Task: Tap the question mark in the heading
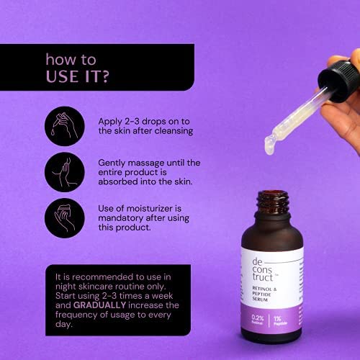click(105, 76)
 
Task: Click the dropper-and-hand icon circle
click(65, 126)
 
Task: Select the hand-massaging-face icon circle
click(65, 172)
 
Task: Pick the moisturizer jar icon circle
click(65, 218)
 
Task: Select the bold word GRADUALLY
click(99, 305)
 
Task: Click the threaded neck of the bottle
click(273, 202)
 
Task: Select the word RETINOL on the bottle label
click(262, 289)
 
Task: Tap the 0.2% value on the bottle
click(258, 318)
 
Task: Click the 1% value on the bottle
click(277, 319)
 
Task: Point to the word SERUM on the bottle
click(260, 300)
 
